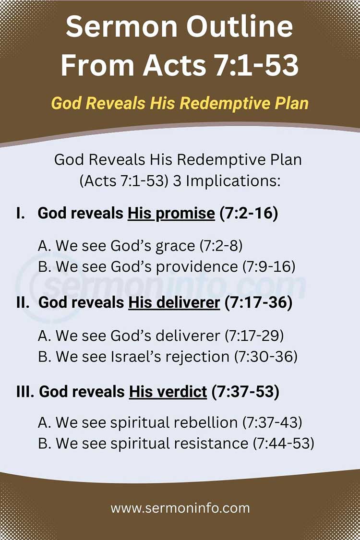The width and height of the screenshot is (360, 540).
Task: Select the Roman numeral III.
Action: point(25,392)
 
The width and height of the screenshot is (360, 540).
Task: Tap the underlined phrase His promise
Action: point(171,214)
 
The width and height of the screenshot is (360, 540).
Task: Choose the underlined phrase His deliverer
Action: point(174,303)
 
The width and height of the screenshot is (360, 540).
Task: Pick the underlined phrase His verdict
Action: point(168,392)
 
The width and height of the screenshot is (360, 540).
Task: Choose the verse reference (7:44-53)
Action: point(284,444)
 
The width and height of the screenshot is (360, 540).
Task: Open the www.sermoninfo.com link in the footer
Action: point(180,508)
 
